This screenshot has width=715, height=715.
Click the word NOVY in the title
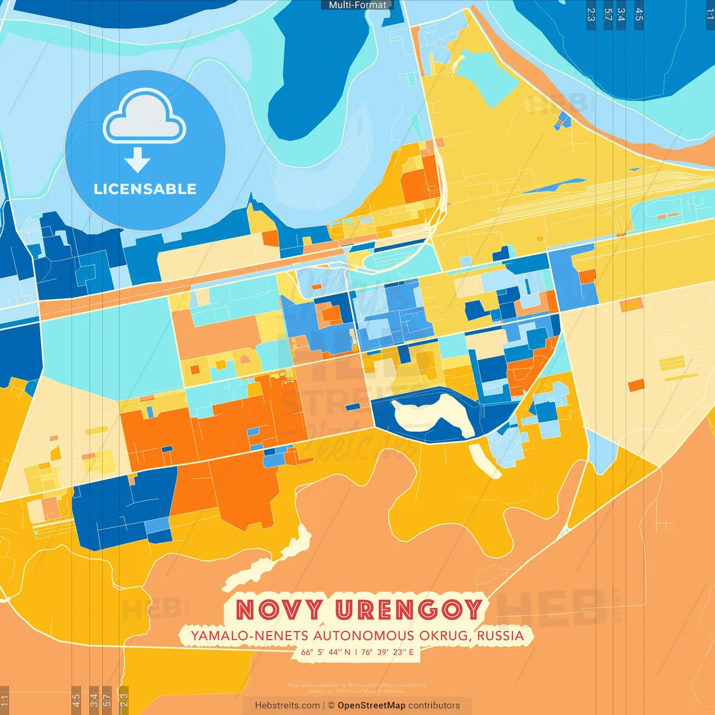coord(279,609)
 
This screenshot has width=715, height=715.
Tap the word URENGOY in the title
coord(408,609)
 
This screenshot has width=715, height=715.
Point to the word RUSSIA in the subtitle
coord(500,636)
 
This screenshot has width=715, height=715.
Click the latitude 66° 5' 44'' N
coord(326,652)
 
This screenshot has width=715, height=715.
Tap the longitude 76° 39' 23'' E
coord(387,652)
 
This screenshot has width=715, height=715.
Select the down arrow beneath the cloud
coord(137,160)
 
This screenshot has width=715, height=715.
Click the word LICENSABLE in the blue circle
coord(145,189)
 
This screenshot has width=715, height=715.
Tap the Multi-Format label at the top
coord(357,5)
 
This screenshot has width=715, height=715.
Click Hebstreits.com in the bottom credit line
coord(287,706)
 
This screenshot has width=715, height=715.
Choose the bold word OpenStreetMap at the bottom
coord(371,706)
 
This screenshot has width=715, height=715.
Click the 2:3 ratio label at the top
coord(591,15)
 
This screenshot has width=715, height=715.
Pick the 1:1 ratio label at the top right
coord(709,15)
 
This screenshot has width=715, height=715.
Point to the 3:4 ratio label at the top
coord(621,15)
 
